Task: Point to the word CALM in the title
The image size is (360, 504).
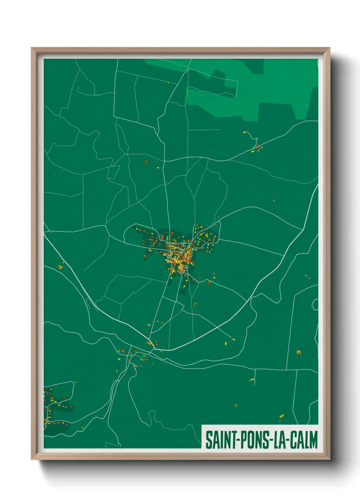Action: (304, 440)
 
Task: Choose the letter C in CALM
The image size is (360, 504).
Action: (294, 440)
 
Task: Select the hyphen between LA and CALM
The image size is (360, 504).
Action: (288, 440)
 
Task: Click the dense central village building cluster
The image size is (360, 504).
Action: (179, 255)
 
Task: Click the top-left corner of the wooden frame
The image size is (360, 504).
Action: (32, 48)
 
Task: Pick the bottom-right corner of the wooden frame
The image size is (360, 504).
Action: (329, 459)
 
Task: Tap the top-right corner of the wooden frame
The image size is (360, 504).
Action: (329, 48)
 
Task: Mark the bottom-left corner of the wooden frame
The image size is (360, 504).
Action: (32, 459)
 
